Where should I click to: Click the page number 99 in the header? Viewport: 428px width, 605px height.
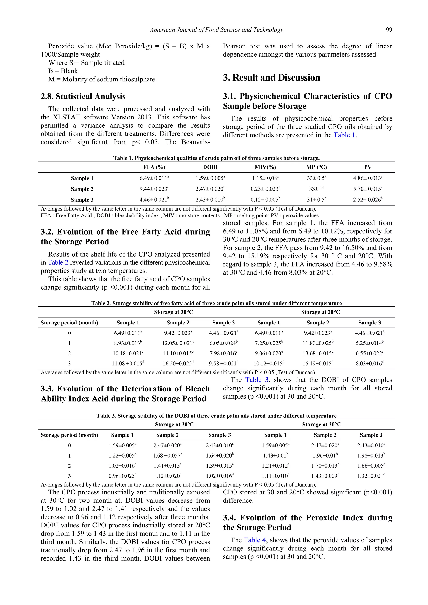[x=389, y=30]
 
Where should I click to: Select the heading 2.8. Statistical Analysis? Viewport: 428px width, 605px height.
[x=83, y=97]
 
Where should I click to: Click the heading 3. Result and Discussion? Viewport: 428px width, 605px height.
[x=271, y=78]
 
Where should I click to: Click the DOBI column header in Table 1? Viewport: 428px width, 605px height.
[x=210, y=167]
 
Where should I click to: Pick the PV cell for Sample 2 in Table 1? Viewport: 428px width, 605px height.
[x=368, y=189]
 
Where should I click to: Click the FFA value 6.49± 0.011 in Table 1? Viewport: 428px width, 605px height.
[x=154, y=178]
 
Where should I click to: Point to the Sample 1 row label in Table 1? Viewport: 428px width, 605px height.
[x=82, y=178]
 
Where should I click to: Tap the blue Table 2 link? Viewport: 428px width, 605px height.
[x=58, y=262]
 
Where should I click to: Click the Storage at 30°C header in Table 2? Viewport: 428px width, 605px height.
[x=173, y=312]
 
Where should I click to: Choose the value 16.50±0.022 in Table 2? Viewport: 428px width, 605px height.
[x=178, y=364]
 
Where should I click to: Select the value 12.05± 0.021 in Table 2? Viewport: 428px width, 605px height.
[x=178, y=343]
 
